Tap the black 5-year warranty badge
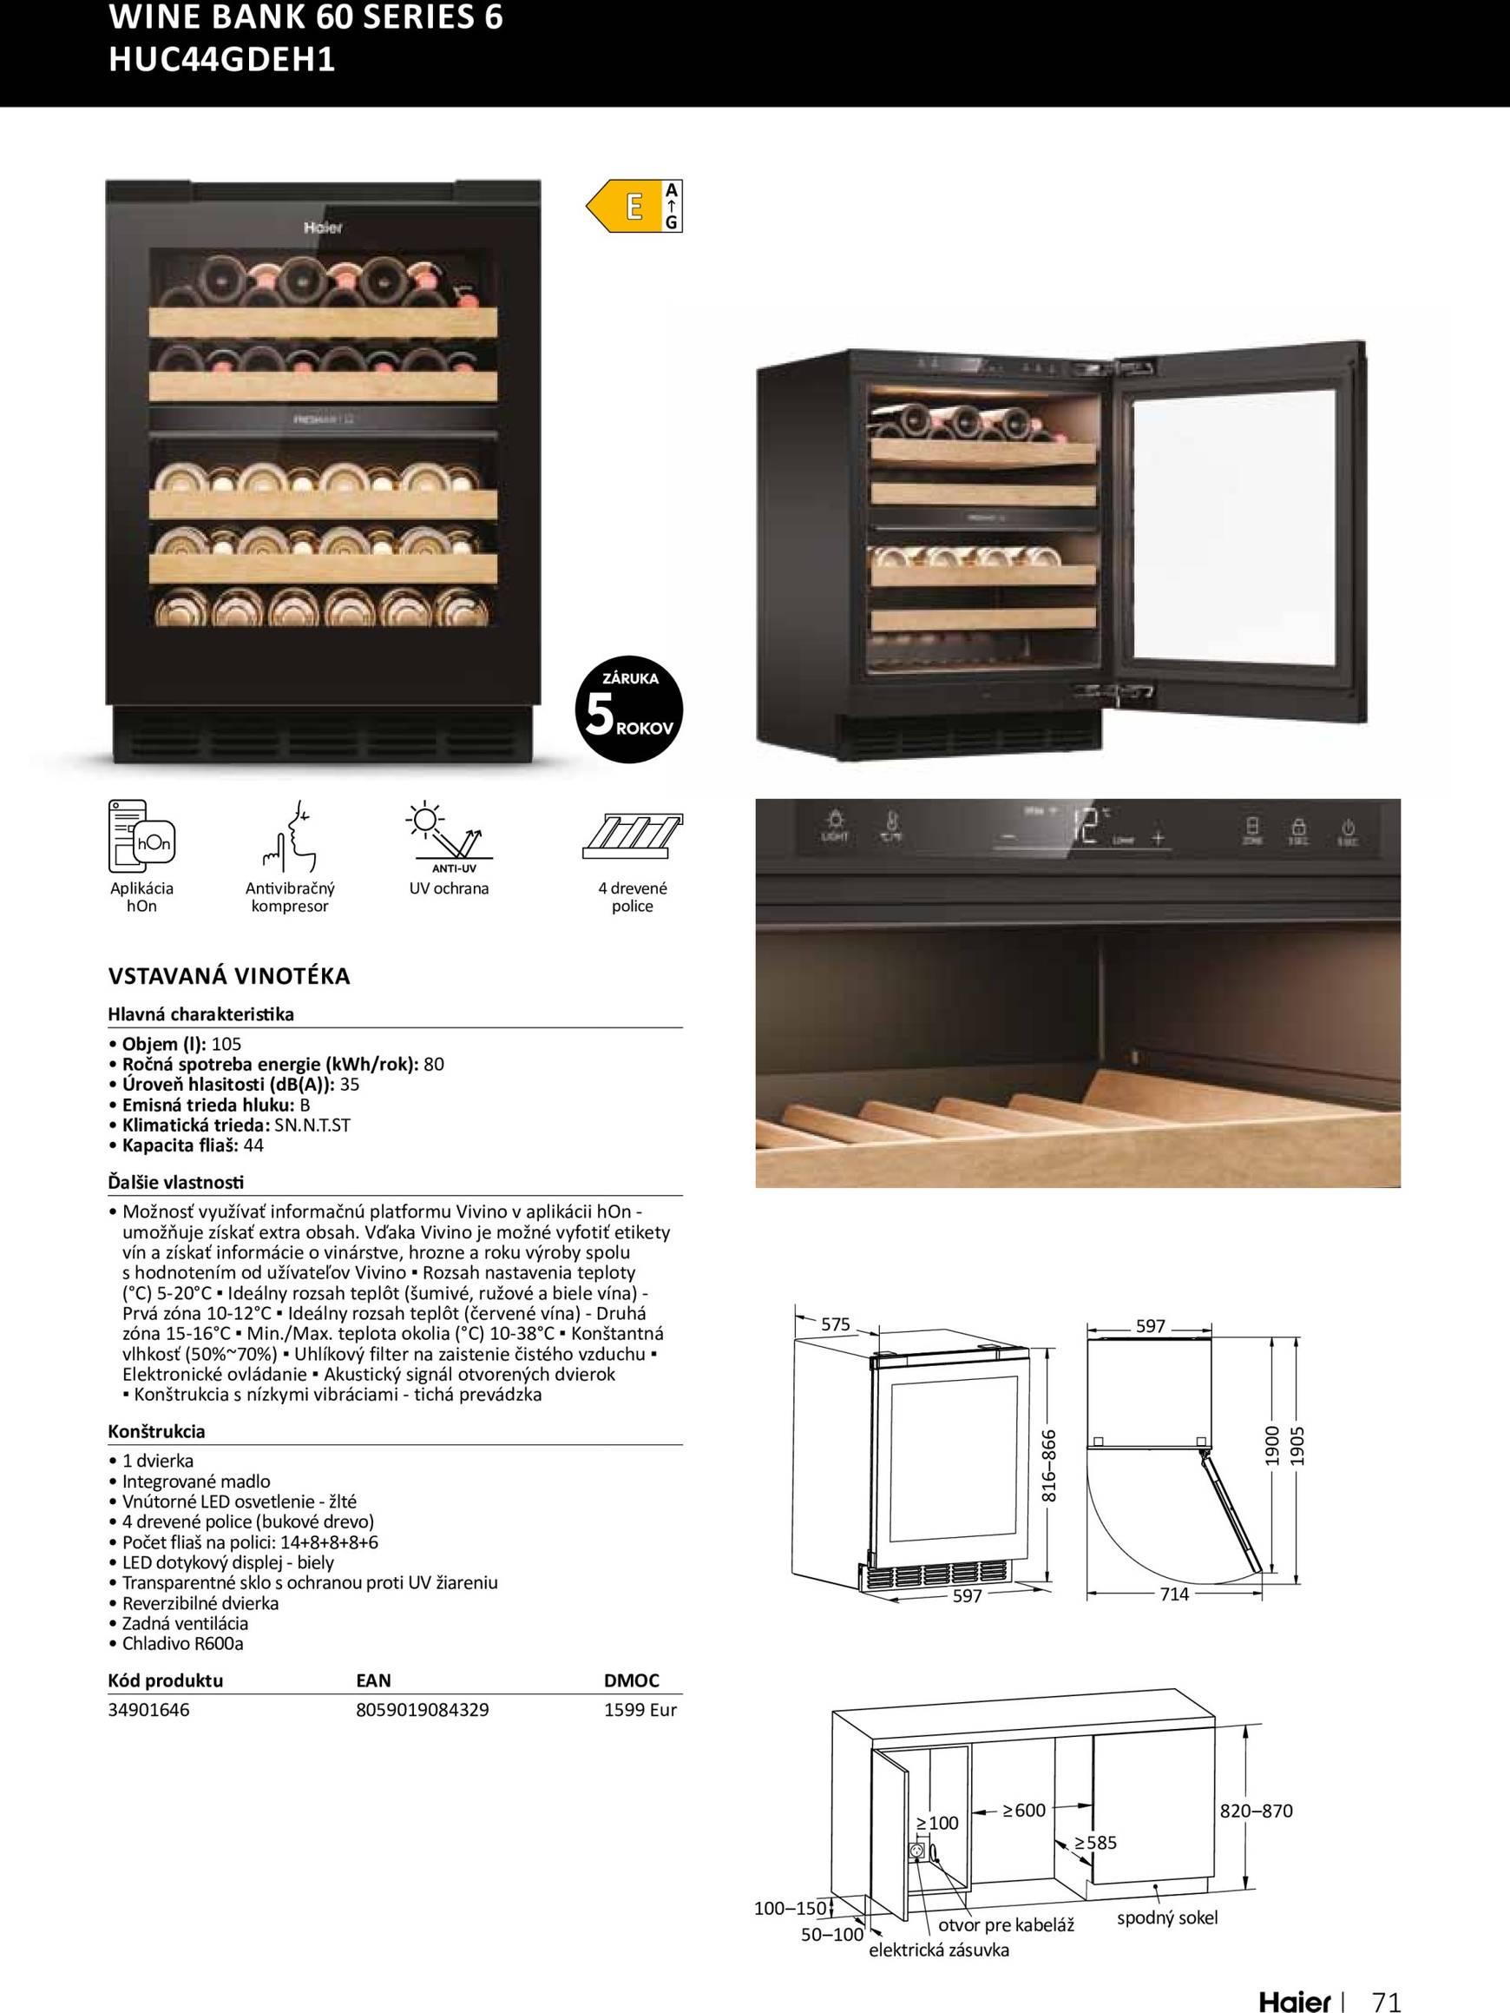pos(628,709)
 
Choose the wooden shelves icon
pos(632,835)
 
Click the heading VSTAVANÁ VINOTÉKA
pos(228,975)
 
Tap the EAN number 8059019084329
pos(422,1709)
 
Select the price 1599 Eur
pos(640,1709)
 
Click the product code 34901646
pos(148,1709)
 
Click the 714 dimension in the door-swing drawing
pos(1173,1594)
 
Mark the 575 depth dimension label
pos(835,1324)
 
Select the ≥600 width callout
pos(1023,1810)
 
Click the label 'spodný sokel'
pos(1166,1917)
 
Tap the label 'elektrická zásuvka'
pos(939,1950)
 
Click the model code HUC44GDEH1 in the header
pos(222,59)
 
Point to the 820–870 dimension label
pos(1256,1811)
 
